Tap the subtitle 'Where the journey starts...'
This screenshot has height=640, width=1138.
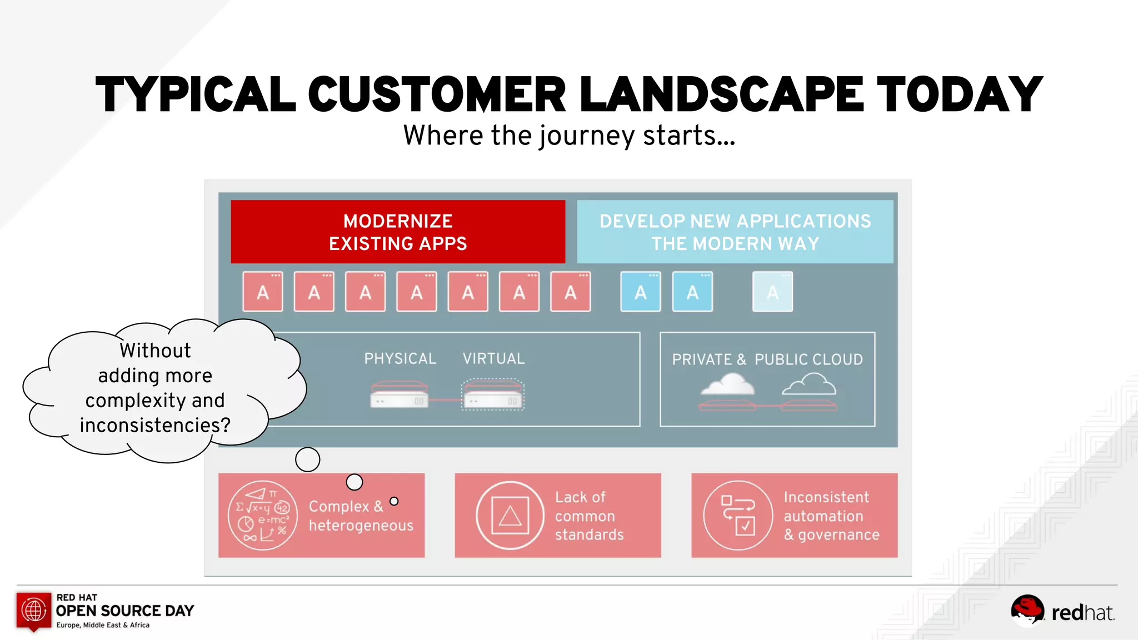[x=569, y=136]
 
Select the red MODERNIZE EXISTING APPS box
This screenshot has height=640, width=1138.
[x=398, y=232]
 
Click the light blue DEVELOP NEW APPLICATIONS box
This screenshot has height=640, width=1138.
[x=735, y=232]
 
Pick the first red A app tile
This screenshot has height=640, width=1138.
[x=263, y=292]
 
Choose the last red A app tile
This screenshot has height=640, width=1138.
[x=570, y=292]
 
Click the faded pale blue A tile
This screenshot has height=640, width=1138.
[x=772, y=292]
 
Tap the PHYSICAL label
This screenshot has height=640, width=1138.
[x=400, y=359]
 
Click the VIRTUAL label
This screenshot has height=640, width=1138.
[x=493, y=359]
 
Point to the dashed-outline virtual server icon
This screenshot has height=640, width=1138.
[x=493, y=394]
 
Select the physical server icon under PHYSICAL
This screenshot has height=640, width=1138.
[x=400, y=394]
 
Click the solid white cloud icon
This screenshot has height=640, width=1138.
[x=728, y=384]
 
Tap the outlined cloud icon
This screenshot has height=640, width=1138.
[x=809, y=384]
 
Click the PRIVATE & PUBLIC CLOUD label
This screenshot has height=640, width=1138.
[x=767, y=359]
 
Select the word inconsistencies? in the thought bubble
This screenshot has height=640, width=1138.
[x=155, y=426]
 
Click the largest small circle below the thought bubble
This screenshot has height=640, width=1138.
[x=307, y=459]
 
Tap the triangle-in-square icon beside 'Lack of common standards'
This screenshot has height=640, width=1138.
[x=510, y=516]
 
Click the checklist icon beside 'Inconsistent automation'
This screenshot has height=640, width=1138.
[x=738, y=516]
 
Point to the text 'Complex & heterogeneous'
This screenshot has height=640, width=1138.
[x=361, y=516]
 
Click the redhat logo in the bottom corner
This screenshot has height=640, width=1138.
[x=1062, y=611]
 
